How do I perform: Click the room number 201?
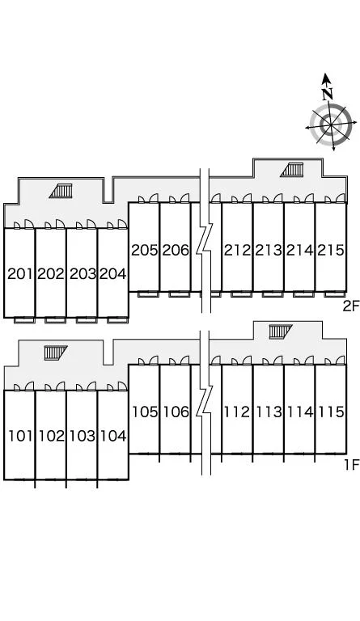[19, 273]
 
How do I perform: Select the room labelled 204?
[113, 273]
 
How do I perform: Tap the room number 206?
[176, 251]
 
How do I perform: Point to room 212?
[237, 251]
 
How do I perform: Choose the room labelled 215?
[331, 251]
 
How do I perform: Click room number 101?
[19, 436]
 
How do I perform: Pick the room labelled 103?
[83, 436]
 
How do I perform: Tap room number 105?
[145, 412]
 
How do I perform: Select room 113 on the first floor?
[269, 412]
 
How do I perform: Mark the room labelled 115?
[331, 412]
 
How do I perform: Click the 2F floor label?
[350, 306]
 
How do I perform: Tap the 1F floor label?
[351, 464]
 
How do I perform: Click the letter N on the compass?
[327, 95]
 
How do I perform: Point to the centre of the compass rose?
[331, 125]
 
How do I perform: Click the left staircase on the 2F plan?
[61, 191]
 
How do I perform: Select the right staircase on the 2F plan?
[292, 170]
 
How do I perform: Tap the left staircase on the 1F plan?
[56, 353]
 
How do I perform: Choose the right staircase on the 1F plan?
[281, 332]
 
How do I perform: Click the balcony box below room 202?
[56, 320]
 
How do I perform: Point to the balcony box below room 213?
[273, 294]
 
